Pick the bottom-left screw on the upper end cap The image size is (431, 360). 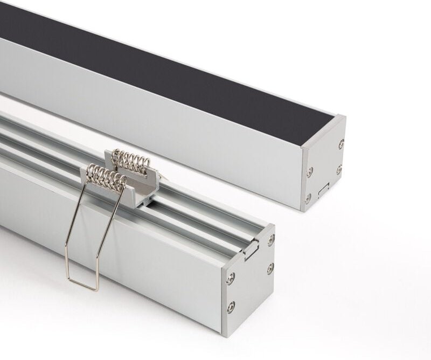(308, 198)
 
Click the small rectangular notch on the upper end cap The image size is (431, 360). (323, 189)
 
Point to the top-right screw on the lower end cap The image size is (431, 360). (271, 239)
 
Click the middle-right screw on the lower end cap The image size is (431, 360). (270, 267)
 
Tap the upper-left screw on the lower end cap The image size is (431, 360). (231, 279)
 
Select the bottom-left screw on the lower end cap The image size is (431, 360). (231, 307)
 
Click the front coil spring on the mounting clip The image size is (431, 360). (107, 177)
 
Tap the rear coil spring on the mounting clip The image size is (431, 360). (130, 160)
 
